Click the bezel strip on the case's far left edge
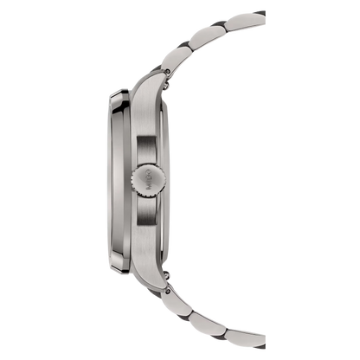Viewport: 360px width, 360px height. (115, 180)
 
